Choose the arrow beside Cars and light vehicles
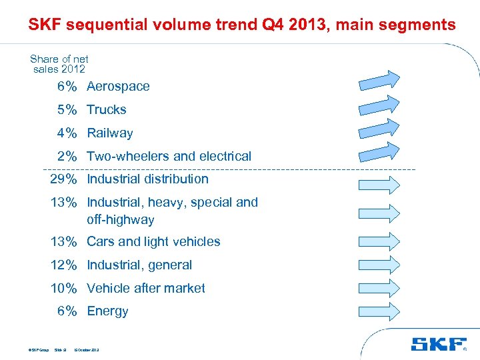coord(379,241)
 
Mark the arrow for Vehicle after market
coord(379,288)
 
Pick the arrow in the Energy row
coord(379,311)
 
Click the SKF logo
coord(438,345)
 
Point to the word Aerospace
coord(118,87)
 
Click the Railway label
coord(110,133)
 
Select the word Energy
coord(107,311)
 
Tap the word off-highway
coord(120,220)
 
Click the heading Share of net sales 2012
coord(59,64)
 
